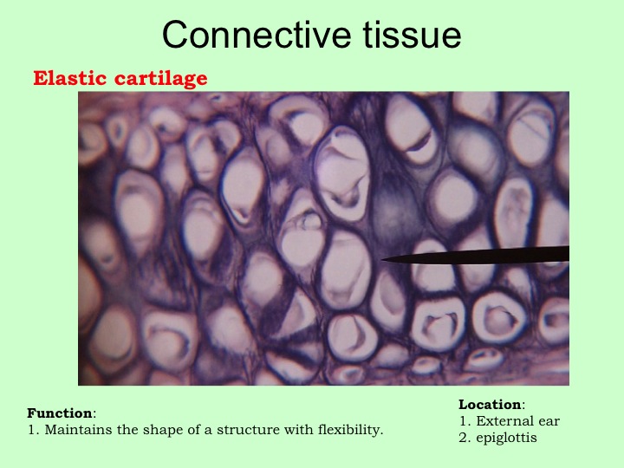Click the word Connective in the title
pyautogui.click(x=257, y=35)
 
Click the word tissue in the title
pyautogui.click(x=412, y=35)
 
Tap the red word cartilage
pyautogui.click(x=161, y=79)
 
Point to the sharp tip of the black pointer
pyautogui.click(x=382, y=259)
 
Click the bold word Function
pyautogui.click(x=60, y=413)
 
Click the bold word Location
pyautogui.click(x=490, y=405)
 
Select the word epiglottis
pyautogui.click(x=507, y=439)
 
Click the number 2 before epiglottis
pyautogui.click(x=463, y=438)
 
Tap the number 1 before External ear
pyautogui.click(x=463, y=421)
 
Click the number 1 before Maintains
pyautogui.click(x=31, y=430)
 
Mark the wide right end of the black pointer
pyautogui.click(x=568, y=254)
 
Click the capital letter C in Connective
pyautogui.click(x=175, y=35)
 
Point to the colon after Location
pyautogui.click(x=523, y=406)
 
